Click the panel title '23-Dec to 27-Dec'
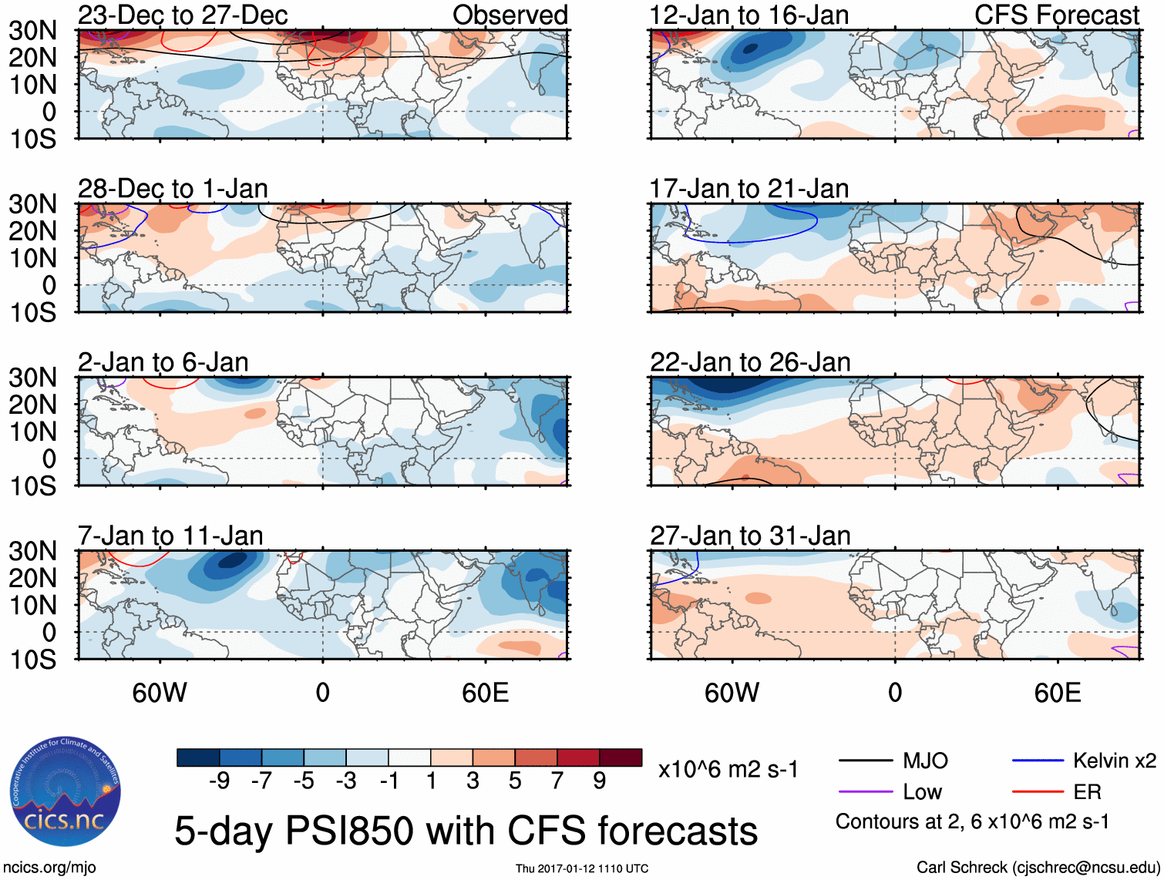[x=183, y=15]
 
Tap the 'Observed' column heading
[x=510, y=15]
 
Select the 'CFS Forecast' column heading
[x=1056, y=15]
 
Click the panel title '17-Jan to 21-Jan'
[x=749, y=188]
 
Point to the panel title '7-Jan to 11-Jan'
[x=170, y=535]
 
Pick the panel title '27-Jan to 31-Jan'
[x=750, y=535]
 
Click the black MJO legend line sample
[x=865, y=761]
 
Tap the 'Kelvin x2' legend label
[x=1114, y=761]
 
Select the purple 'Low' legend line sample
[x=865, y=792]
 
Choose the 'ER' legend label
[x=1087, y=792]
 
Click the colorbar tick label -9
[x=219, y=781]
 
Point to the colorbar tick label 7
[x=557, y=781]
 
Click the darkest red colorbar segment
[x=621, y=757]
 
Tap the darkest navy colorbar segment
[x=198, y=757]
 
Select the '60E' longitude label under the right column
[x=1057, y=693]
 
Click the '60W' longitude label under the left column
[x=160, y=693]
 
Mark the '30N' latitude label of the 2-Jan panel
[x=32, y=378]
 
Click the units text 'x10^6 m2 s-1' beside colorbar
[x=728, y=769]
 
